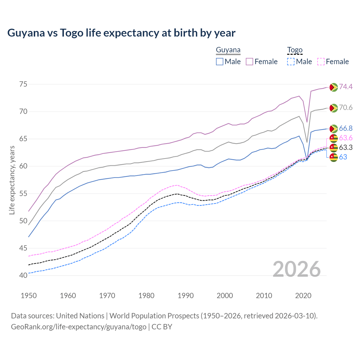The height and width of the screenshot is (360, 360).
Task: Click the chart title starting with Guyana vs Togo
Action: [x=121, y=33]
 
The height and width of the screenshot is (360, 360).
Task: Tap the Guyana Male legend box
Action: [x=220, y=62]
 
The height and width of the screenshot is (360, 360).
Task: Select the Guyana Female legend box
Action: [x=249, y=62]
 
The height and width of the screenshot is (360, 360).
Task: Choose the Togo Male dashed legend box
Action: [x=291, y=62]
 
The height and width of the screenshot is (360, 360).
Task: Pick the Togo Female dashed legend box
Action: [x=321, y=62]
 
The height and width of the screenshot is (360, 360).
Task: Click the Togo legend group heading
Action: [x=294, y=50]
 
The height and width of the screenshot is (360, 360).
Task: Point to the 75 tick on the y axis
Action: [x=23, y=84]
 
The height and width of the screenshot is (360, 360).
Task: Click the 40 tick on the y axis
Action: [x=23, y=275]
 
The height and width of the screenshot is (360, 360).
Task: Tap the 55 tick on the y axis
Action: [x=23, y=193]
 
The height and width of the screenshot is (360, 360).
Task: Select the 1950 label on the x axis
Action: [x=29, y=296]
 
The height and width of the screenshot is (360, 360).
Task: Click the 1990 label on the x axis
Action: [x=186, y=296]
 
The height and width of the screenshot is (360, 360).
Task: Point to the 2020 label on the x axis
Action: [x=303, y=296]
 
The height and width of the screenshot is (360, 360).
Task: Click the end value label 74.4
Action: [x=346, y=87]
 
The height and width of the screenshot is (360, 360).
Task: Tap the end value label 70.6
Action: [x=346, y=107]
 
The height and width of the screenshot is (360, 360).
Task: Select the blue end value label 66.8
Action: [x=346, y=128]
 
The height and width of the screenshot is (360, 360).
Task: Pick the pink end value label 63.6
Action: [x=346, y=138]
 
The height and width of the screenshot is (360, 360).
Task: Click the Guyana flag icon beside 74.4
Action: [x=334, y=87]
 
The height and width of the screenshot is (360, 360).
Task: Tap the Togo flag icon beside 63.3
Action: [x=334, y=148]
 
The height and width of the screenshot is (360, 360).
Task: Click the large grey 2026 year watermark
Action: [x=297, y=269]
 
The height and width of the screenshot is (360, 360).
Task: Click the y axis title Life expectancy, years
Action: [x=12, y=180]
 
